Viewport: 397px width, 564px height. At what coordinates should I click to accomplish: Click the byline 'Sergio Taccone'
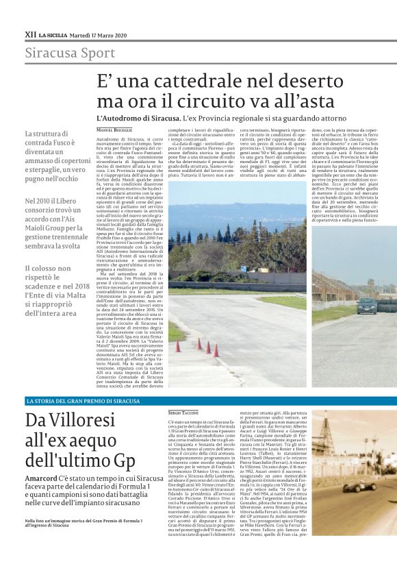[183, 414]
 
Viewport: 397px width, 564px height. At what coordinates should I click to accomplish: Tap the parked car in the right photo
[367, 305]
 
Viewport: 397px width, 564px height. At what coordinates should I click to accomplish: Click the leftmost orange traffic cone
[177, 345]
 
